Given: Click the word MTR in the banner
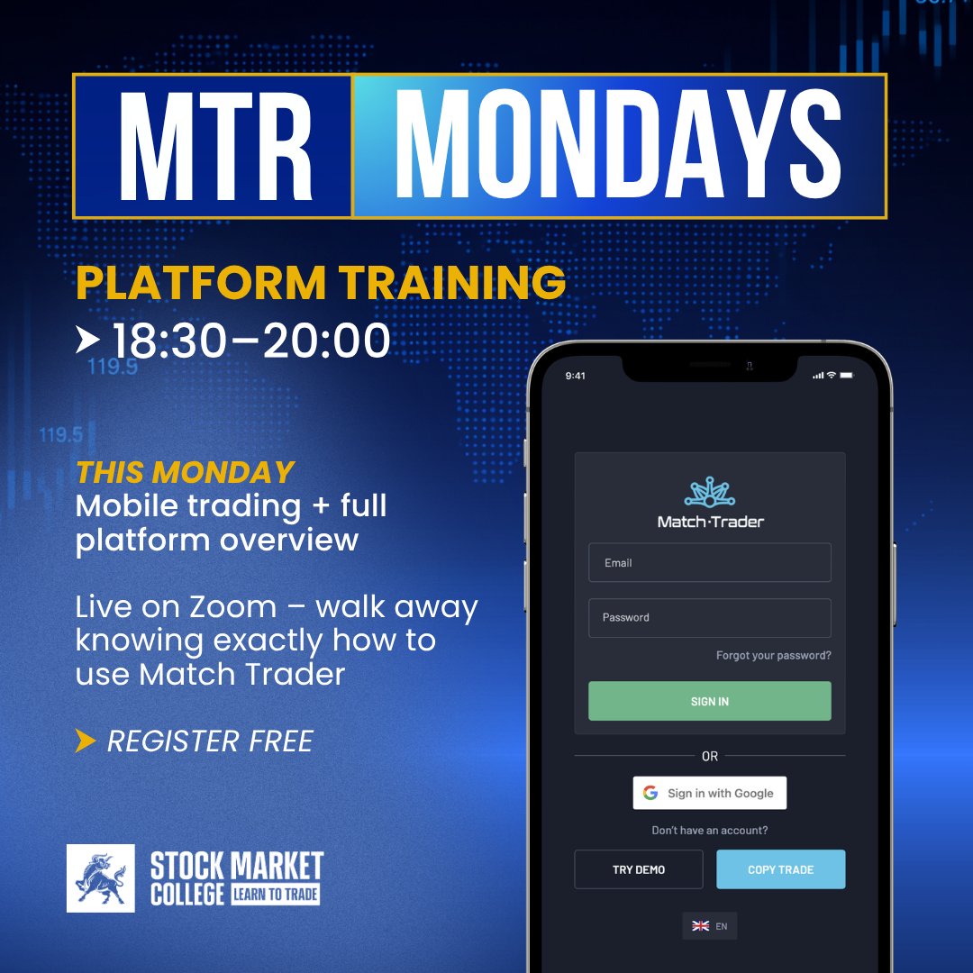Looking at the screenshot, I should click(214, 146).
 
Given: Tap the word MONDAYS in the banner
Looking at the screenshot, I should click(618, 146).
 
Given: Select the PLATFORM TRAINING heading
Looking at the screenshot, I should click(321, 283).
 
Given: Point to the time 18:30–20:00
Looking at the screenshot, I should click(250, 341).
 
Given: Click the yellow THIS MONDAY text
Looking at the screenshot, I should click(186, 472).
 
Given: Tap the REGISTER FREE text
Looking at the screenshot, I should click(210, 741).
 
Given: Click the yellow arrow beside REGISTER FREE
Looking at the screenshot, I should click(86, 741).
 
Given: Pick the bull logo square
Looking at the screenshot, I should click(101, 878).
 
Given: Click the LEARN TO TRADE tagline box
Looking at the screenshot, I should click(276, 894).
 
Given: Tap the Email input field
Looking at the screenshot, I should click(710, 563).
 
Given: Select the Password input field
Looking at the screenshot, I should click(710, 618).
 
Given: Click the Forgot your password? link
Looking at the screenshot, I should click(773, 656).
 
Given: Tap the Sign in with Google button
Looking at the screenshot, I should click(710, 793).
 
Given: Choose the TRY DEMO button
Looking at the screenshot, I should click(639, 869).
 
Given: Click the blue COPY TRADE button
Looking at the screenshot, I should click(780, 869).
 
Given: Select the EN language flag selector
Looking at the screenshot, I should click(709, 926).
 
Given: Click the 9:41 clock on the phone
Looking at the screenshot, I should click(575, 376).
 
